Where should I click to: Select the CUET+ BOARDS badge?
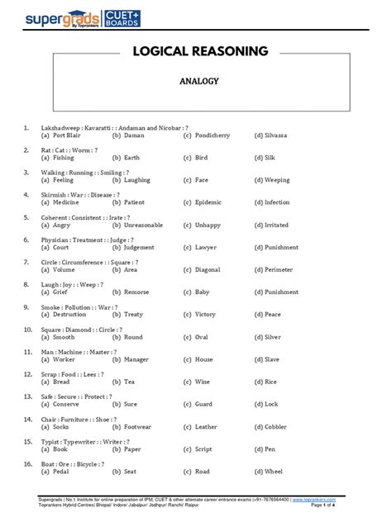tap(119, 18)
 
